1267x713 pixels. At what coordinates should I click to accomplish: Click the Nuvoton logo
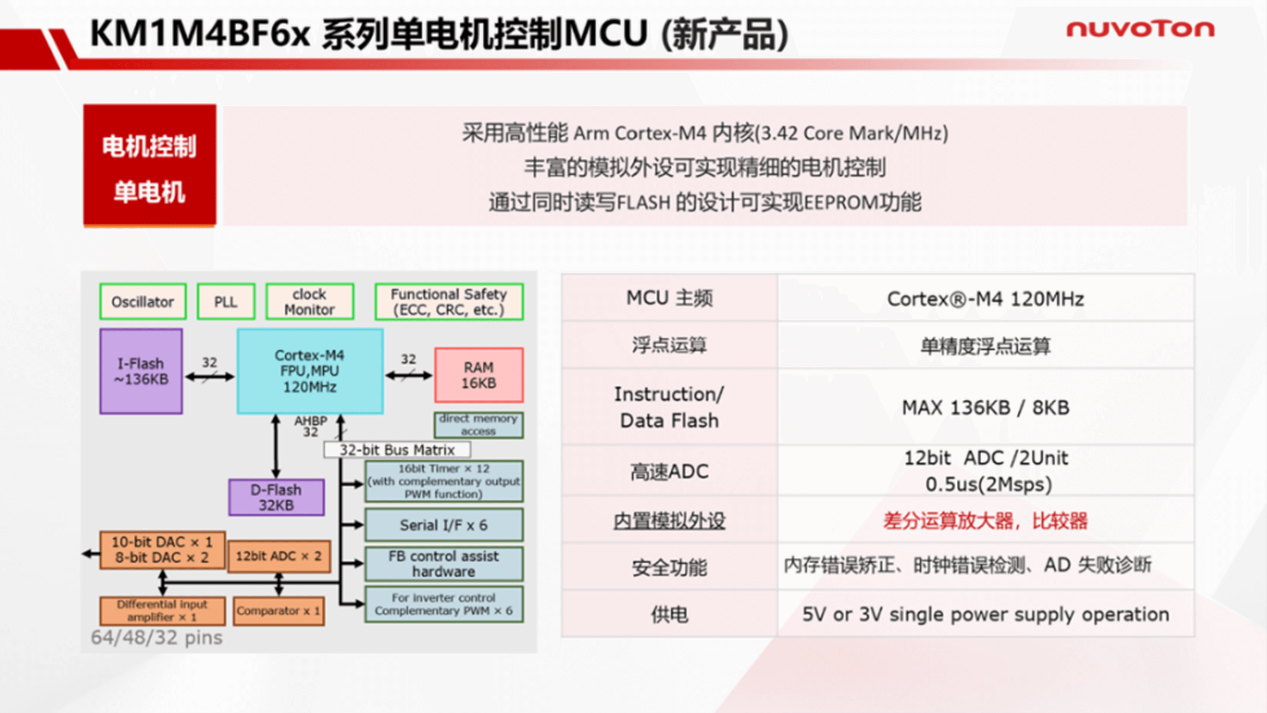coord(1140,29)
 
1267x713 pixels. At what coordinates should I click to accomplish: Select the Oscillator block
coord(143,301)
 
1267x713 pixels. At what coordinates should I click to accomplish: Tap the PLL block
coord(225,301)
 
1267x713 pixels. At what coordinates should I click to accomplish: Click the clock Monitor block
coord(310,301)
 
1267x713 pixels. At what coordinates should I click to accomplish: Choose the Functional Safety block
coord(449,301)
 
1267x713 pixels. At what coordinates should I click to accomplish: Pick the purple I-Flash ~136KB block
coord(141,371)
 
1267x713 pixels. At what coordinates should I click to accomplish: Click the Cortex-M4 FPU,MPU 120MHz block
coord(310,371)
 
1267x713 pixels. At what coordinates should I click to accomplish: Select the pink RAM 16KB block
coord(479,375)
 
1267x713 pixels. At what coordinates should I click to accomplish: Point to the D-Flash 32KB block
coord(276,497)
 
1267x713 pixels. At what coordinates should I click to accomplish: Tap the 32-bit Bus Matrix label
coord(397,449)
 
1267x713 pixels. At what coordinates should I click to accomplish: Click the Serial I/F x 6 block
coord(444,525)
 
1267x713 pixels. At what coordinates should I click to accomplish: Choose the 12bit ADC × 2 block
coord(279,556)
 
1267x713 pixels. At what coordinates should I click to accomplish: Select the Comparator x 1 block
coord(279,611)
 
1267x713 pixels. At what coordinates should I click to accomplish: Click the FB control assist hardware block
coord(444,564)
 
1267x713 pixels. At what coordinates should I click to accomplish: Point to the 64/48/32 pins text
coord(157,637)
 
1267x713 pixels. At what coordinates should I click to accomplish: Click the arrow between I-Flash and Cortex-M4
coord(210,376)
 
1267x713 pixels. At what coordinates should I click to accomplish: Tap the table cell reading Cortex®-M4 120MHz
coord(986,298)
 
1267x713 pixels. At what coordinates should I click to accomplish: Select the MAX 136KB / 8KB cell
coord(986,407)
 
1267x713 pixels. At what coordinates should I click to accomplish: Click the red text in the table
coord(985,521)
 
